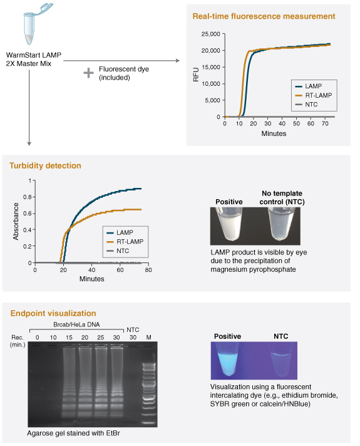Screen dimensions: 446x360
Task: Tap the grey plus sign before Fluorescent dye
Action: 88,73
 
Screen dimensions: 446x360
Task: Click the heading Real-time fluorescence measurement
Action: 264,16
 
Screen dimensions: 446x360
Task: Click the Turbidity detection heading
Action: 45,166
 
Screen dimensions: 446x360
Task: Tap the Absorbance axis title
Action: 16,221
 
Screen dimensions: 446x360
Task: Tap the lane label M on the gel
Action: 149,337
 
